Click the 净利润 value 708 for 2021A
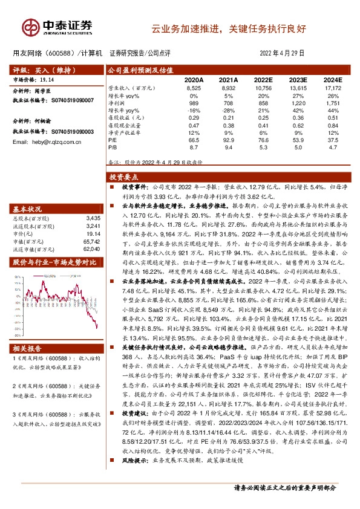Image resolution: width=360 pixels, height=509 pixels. click(x=228, y=105)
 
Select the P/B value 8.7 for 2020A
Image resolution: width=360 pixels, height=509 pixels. click(x=194, y=146)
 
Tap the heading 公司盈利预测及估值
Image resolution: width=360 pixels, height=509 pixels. click(x=138, y=70)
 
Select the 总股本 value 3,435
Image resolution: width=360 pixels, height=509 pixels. click(x=93, y=217)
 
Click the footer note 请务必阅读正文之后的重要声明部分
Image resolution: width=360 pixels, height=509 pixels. click(x=284, y=487)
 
